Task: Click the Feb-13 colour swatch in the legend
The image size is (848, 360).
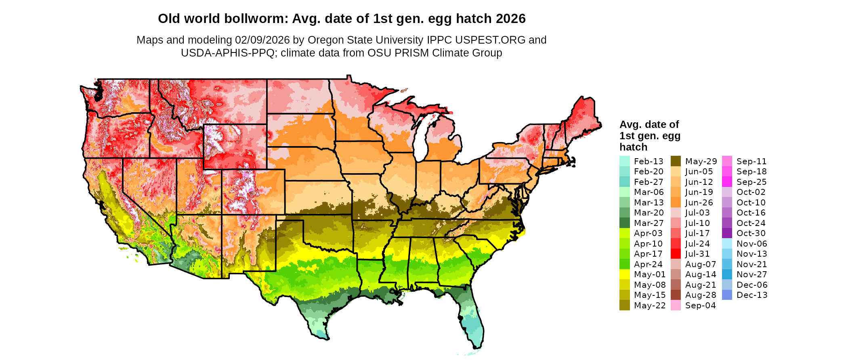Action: click(x=624, y=161)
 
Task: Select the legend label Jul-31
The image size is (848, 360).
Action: click(x=697, y=254)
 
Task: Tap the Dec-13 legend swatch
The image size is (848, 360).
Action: click(x=727, y=295)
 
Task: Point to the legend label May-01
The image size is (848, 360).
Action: click(x=650, y=274)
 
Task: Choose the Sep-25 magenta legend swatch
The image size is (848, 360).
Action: click(x=727, y=182)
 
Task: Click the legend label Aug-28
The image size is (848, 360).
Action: click(x=701, y=295)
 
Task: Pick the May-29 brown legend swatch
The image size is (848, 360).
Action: click(x=676, y=161)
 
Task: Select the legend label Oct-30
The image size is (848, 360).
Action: click(x=751, y=233)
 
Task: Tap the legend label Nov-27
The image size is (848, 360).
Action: click(x=752, y=274)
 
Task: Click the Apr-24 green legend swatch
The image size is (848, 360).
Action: click(x=624, y=264)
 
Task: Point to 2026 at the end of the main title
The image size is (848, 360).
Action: click(x=511, y=19)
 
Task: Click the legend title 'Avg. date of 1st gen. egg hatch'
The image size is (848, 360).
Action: click(x=650, y=136)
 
